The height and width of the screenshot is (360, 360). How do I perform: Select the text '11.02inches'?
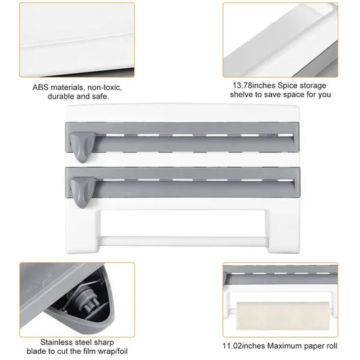click(x=247, y=346)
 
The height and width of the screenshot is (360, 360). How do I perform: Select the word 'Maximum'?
click(x=292, y=346)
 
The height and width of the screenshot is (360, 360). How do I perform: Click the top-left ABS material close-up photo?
click(x=76, y=39)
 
